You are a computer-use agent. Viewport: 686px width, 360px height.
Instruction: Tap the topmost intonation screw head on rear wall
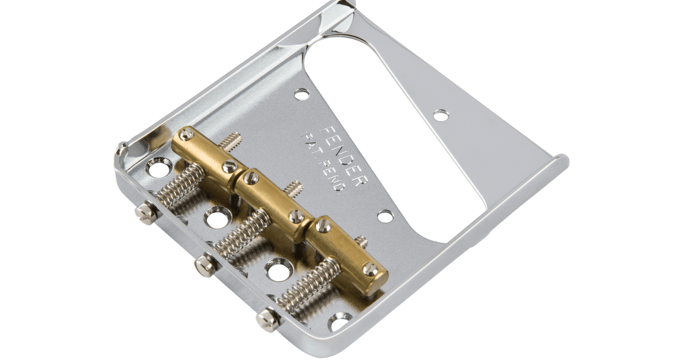146,212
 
